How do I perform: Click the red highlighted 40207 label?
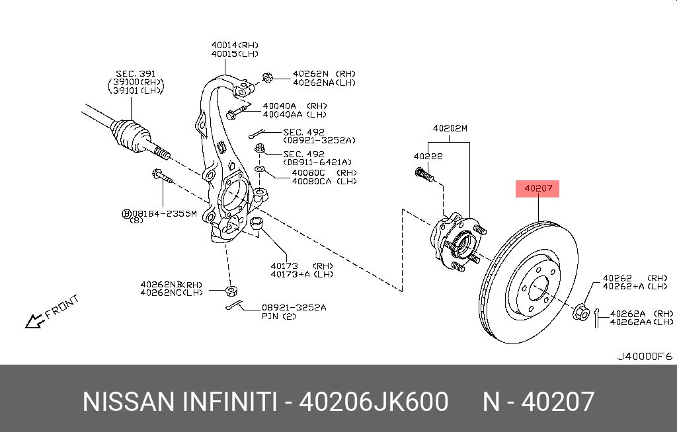[x=538, y=189]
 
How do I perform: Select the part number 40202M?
[x=450, y=128]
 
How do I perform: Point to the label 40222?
[x=428, y=157]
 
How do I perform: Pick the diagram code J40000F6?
[x=644, y=356]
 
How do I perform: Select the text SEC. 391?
[x=135, y=73]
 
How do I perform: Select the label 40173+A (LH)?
[x=301, y=274]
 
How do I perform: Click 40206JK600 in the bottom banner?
[x=374, y=402]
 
